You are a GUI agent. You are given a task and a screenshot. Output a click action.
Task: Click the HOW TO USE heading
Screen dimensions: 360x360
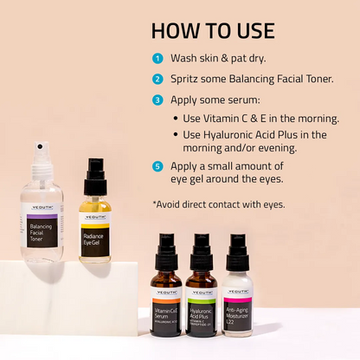point(212,30)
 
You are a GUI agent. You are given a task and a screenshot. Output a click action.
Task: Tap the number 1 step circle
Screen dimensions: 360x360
point(157,59)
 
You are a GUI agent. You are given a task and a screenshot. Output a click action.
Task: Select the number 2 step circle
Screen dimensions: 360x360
point(157,79)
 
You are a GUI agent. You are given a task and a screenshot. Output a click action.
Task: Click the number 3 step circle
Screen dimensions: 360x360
point(157,99)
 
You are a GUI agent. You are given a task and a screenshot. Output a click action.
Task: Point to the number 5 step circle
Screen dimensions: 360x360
point(157,164)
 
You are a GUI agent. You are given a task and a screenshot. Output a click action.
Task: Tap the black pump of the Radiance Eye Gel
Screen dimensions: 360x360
point(95,172)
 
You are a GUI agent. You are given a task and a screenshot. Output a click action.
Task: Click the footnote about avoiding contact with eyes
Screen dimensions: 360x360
point(218,204)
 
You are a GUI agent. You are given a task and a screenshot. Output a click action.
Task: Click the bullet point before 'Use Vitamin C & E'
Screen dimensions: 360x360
point(177,119)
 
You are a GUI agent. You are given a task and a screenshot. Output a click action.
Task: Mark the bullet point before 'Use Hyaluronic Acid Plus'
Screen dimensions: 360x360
point(177,135)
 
